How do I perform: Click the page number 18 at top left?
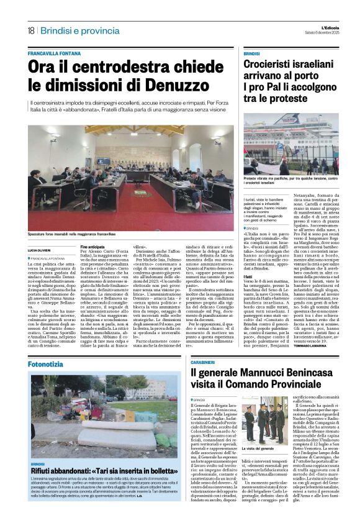point(30,30)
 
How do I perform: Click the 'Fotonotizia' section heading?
point(50,345)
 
